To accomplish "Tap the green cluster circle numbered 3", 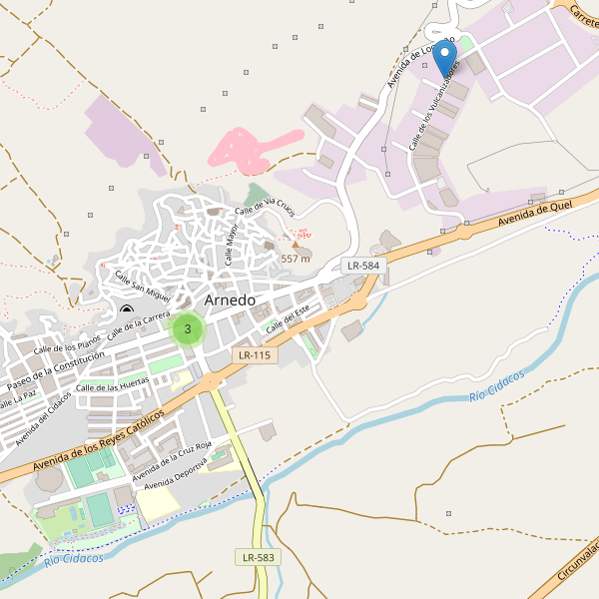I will click(188, 328).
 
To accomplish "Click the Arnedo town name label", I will click(230, 299).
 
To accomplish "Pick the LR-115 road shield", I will click(254, 355).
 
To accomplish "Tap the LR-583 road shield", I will click(258, 556).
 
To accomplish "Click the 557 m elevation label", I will click(296, 259).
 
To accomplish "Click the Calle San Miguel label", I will click(143, 286).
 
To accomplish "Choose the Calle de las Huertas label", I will click(113, 385).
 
